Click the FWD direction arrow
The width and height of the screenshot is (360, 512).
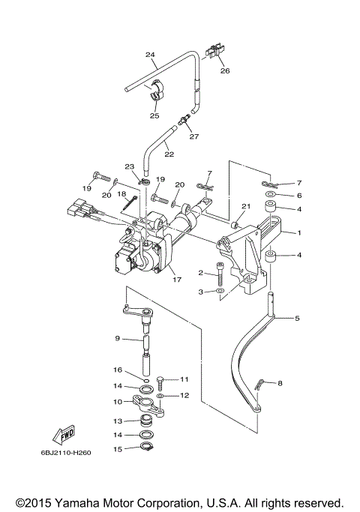(x=64, y=435)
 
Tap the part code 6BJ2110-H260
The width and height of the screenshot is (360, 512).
(x=66, y=453)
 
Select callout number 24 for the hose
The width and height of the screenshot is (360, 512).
(x=150, y=55)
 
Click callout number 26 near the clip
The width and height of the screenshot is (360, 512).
(x=225, y=70)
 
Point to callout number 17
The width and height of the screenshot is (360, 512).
(x=177, y=280)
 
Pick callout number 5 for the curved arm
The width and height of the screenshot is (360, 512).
(x=297, y=318)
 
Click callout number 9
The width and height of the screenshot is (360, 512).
(x=118, y=339)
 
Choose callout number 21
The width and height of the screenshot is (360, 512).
(x=246, y=206)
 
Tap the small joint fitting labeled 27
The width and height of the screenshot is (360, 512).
(x=184, y=121)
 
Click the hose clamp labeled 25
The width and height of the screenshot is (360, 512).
(x=154, y=91)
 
